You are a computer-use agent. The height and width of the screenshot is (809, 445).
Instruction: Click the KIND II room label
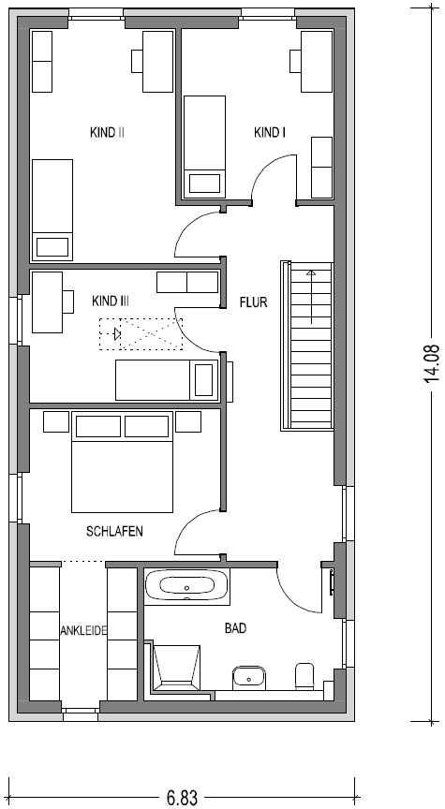click(x=107, y=133)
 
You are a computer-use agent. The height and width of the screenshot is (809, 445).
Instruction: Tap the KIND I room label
click(x=270, y=133)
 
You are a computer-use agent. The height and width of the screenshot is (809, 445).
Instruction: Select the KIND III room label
click(x=111, y=301)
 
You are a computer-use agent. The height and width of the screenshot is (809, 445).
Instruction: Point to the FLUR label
click(x=254, y=302)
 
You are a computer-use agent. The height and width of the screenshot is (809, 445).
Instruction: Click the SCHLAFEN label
click(x=114, y=532)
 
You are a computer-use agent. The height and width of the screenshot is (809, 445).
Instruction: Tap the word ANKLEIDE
click(x=83, y=630)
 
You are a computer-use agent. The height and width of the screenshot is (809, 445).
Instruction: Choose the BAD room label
click(x=235, y=628)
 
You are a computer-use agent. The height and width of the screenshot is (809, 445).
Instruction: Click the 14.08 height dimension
click(x=432, y=363)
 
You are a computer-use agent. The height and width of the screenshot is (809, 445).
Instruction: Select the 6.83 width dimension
click(x=182, y=798)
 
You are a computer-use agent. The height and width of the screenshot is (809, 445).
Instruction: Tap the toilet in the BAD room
click(x=304, y=676)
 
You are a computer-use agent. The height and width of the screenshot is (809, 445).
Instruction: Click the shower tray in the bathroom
click(x=176, y=668)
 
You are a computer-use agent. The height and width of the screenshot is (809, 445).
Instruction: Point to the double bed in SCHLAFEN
click(x=122, y=463)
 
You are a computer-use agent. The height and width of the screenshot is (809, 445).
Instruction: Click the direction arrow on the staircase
click(x=311, y=297)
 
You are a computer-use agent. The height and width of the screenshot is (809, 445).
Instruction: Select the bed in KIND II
click(x=52, y=210)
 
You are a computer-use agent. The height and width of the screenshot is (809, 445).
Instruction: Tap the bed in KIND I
click(x=205, y=146)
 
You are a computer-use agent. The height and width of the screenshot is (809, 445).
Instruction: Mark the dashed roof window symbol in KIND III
click(x=141, y=334)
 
